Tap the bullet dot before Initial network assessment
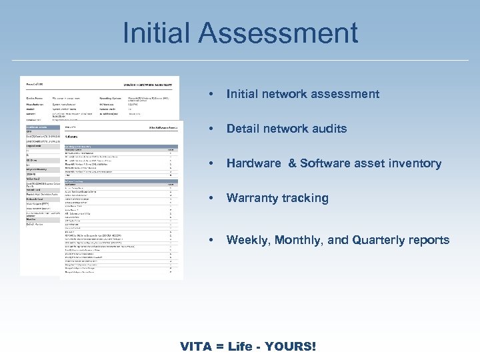click(x=211, y=94)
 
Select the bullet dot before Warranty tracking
click(x=211, y=198)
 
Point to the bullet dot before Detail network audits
click(x=211, y=129)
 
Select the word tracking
click(x=305, y=198)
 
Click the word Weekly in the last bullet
click(x=247, y=240)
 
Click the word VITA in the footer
click(x=196, y=347)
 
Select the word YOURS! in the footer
click(x=291, y=347)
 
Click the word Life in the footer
click(x=241, y=347)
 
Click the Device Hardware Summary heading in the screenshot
click(x=151, y=85)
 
